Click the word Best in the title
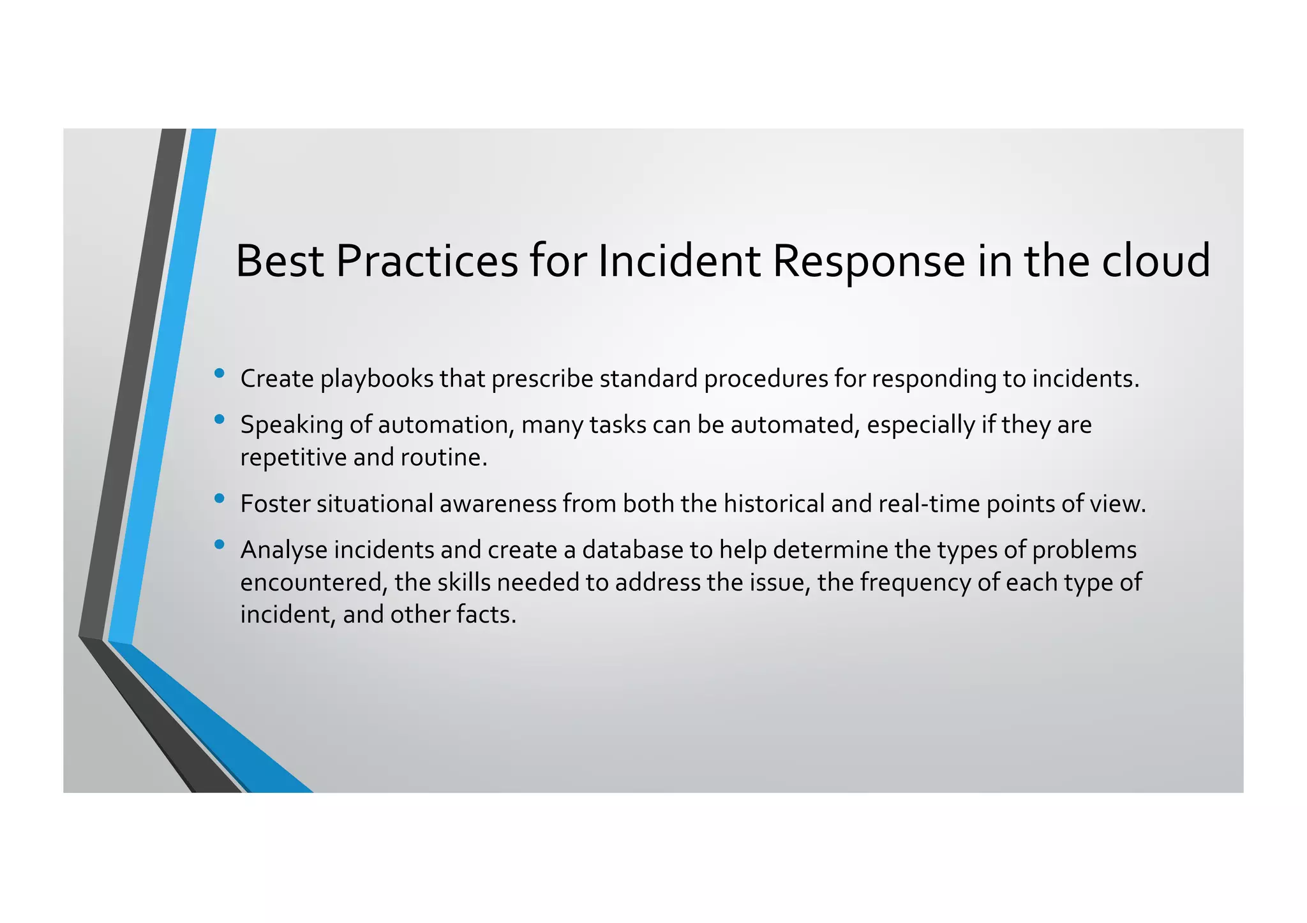click(281, 261)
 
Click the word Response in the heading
click(869, 261)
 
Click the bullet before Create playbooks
click(220, 374)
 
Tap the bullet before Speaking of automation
click(220, 420)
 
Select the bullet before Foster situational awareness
click(220, 499)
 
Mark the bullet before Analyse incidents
click(220, 545)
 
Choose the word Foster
click(274, 504)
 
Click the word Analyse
click(283, 550)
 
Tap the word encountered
click(313, 582)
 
